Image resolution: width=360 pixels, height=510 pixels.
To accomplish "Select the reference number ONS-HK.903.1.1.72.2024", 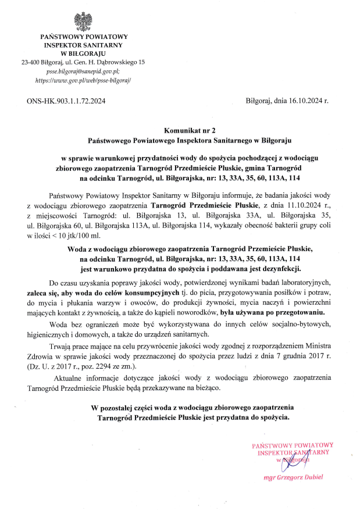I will point(66,102).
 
